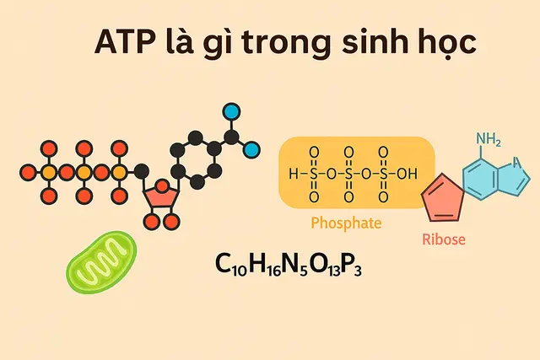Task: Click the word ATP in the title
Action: click(125, 42)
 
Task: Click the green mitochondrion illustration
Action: click(101, 261)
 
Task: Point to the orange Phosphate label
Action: click(346, 223)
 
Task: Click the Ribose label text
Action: click(444, 239)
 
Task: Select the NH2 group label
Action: click(489, 139)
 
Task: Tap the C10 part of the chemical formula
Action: click(230, 265)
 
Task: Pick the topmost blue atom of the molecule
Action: click(232, 111)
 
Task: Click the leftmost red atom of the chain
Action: click(28, 173)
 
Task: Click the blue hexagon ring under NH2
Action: click(481, 179)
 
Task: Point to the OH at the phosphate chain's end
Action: click(407, 174)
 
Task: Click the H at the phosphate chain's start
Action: click(294, 174)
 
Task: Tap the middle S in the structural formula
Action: click(348, 174)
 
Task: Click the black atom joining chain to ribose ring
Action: click(141, 171)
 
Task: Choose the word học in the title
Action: click(447, 43)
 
